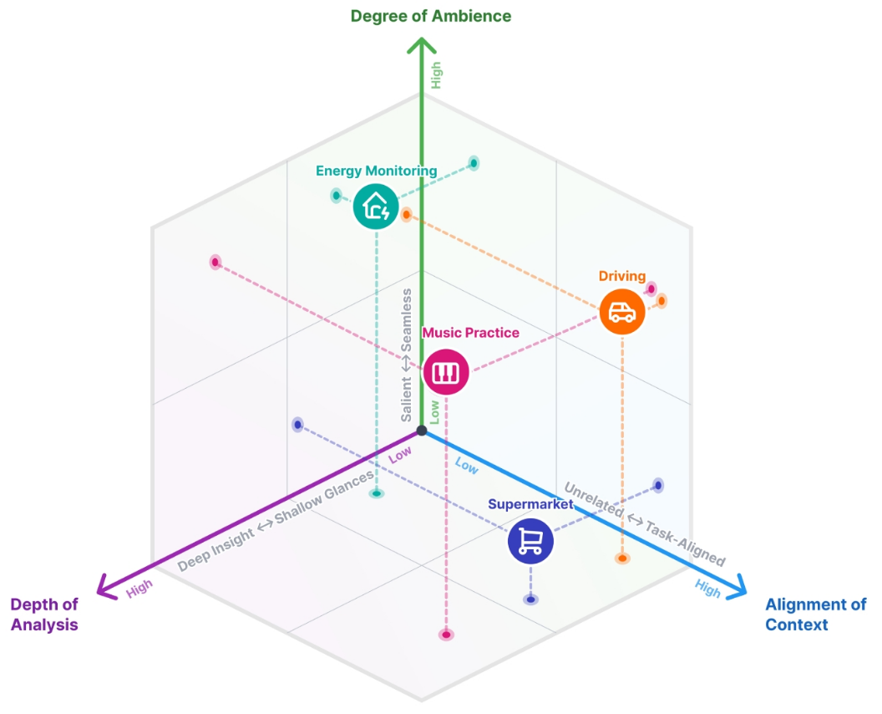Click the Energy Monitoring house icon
376,206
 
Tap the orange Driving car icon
622,312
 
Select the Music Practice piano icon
446,372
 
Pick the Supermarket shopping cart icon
530,541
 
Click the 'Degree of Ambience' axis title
431,16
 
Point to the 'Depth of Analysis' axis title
44,615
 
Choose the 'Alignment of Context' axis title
815,615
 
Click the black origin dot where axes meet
422,431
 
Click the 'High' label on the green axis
436,76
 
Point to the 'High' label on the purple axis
140,591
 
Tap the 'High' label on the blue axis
707,589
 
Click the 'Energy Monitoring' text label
376,171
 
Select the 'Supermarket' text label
530,504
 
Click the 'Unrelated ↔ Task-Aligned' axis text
645,524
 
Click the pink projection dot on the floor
446,635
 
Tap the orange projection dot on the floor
622,558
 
